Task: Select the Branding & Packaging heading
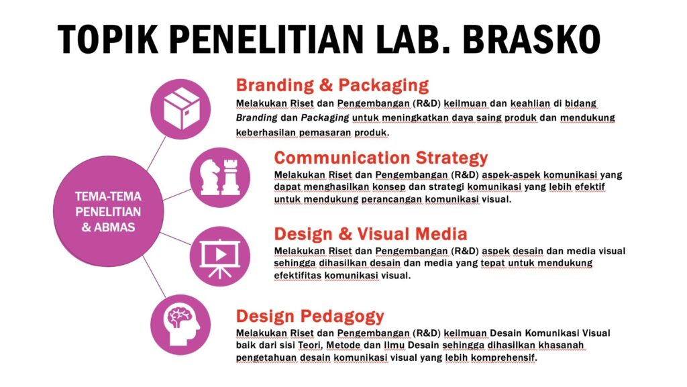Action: pyautogui.click(x=332, y=85)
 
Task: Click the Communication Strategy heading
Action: pyautogui.click(x=381, y=158)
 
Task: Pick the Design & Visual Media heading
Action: pyautogui.click(x=370, y=234)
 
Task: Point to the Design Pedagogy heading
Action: pyautogui.click(x=310, y=316)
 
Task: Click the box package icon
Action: pyautogui.click(x=180, y=109)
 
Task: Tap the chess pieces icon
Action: pyautogui.click(x=220, y=177)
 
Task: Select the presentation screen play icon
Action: pyautogui.click(x=220, y=256)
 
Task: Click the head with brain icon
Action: pyautogui.click(x=180, y=325)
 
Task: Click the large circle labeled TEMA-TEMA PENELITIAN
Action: pyautogui.click(x=108, y=211)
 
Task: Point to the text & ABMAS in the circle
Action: pyautogui.click(x=108, y=227)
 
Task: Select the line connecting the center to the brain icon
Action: pyautogui.click(x=154, y=277)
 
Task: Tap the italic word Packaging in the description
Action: pyautogui.click(x=325, y=118)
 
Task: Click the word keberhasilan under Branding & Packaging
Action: pyautogui.click(x=266, y=132)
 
